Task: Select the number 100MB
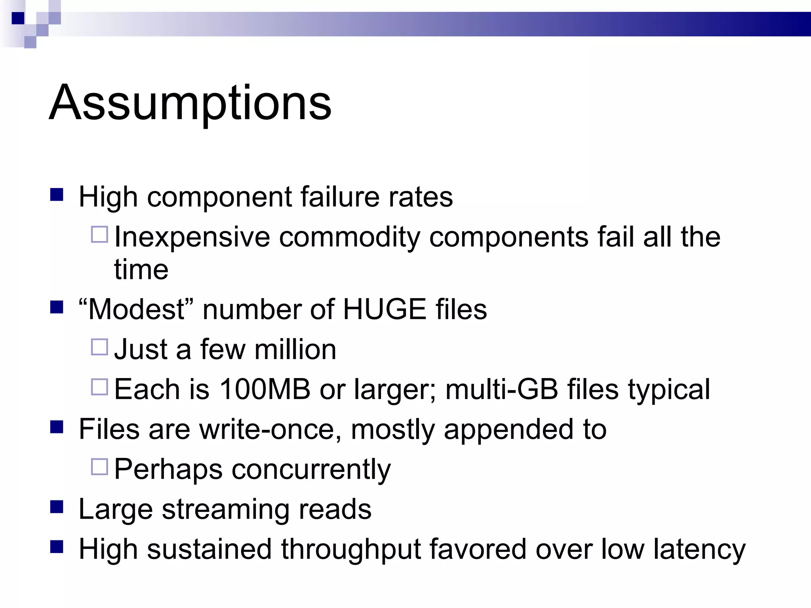coord(265,389)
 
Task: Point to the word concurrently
coord(311,470)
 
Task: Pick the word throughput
coord(350,549)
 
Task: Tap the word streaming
coord(225,509)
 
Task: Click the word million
coord(295,350)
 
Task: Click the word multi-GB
coord(502,389)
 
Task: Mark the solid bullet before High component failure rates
coord(57,195)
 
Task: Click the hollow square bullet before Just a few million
coord(99,347)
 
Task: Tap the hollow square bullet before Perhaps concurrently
coord(99,467)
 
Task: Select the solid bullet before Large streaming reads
coord(57,507)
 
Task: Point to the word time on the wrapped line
coord(141,270)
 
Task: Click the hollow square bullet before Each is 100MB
coord(99,387)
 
